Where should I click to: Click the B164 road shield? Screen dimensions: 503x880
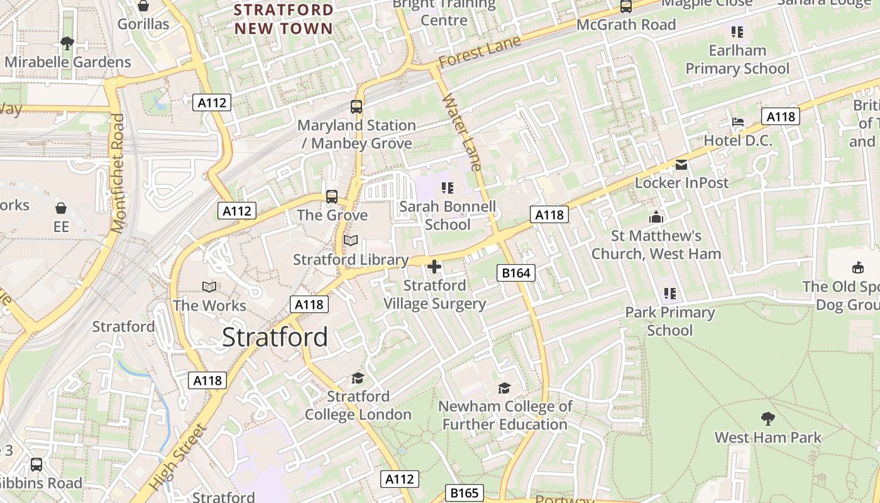[x=517, y=272]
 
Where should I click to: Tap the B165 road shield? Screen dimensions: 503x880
[x=465, y=493]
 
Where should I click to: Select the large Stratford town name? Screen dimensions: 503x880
[x=275, y=338]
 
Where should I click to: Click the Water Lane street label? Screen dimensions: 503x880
[x=461, y=132]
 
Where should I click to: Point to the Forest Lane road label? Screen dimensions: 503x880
[x=480, y=52]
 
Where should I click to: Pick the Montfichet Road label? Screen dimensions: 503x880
[x=118, y=173]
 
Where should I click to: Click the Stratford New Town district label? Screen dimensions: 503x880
[x=283, y=19]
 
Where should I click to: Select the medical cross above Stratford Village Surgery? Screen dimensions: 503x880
[x=434, y=267]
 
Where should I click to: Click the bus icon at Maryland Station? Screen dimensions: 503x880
[x=356, y=106]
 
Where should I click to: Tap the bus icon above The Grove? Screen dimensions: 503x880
[x=332, y=196]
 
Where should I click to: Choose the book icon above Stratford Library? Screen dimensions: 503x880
[x=351, y=241]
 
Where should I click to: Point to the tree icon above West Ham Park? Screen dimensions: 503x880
[x=767, y=418]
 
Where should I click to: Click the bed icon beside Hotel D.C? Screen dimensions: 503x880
[x=738, y=121]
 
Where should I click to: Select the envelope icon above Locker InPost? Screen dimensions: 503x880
[x=681, y=165]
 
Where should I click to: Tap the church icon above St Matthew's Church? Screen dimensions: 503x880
[x=656, y=217]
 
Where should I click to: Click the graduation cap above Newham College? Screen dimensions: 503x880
[x=504, y=387]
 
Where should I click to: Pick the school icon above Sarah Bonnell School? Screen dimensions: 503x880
[x=448, y=187]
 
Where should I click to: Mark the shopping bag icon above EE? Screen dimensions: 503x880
[x=61, y=207]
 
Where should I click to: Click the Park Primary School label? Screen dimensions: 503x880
[x=669, y=321]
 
